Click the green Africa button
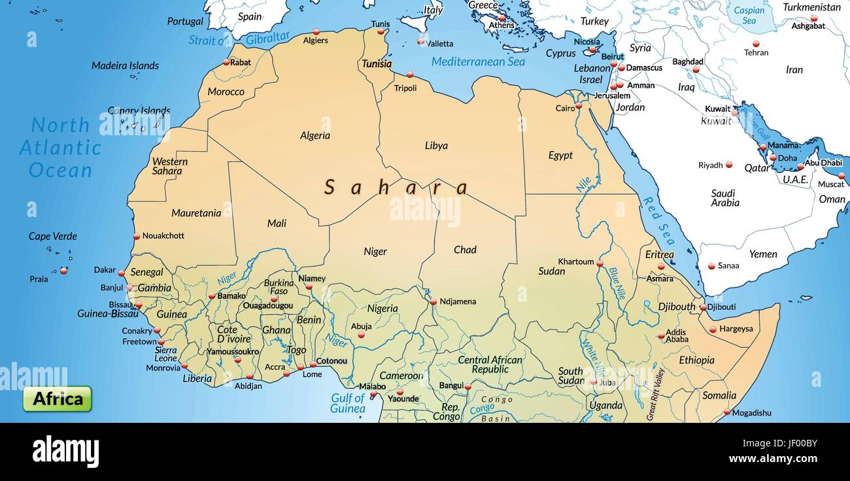coord(58,399)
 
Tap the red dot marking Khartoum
coord(599,263)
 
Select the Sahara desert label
coord(396,188)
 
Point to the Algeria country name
coord(314,135)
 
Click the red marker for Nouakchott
coord(137,237)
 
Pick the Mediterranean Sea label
coord(478,61)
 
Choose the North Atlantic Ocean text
coord(60,147)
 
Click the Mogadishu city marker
coord(726,412)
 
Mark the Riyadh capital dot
coord(728,165)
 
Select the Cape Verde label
coord(53,236)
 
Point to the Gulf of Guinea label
coord(348,403)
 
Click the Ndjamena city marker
coord(433,302)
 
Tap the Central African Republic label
coord(490,364)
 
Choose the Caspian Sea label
coord(749,15)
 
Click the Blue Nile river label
coord(616,283)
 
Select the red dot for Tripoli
coord(409,75)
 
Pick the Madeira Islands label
coord(125,65)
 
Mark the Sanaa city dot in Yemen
coord(711,266)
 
